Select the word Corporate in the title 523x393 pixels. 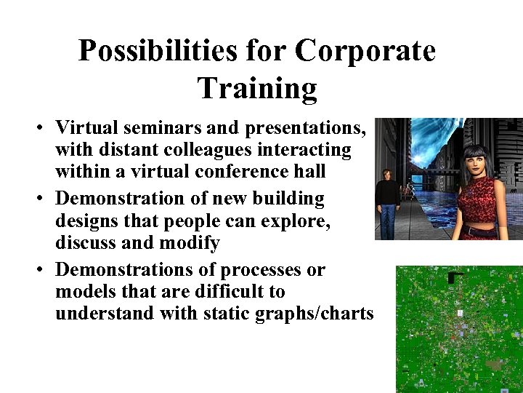[x=366, y=52]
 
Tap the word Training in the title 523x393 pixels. [x=257, y=88]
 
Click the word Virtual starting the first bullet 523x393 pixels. [x=86, y=128]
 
